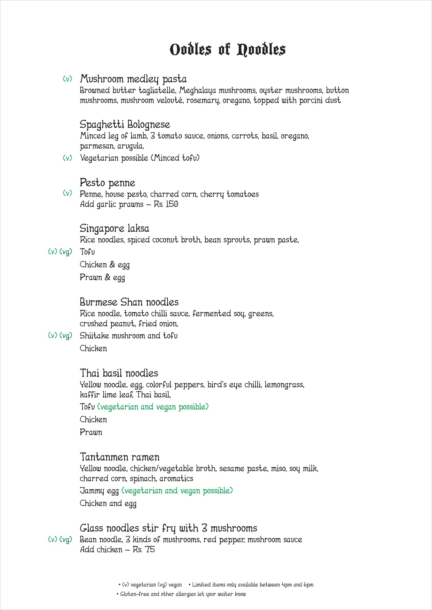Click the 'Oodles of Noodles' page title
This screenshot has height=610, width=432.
pos(227,49)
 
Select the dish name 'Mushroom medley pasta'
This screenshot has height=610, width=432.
pos(133,79)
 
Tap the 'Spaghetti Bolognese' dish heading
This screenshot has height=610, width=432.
pos(125,125)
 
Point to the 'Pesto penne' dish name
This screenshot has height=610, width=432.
pos(107,183)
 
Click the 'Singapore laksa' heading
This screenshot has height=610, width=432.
pos(115,228)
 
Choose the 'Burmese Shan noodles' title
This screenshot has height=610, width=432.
pos(129,302)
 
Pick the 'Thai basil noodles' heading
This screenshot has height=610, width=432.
pos(119,373)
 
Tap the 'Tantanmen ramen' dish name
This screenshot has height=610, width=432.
pos(120,457)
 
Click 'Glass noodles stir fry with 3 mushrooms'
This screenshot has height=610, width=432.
pos(168,528)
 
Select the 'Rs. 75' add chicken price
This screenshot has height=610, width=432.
pos(144,549)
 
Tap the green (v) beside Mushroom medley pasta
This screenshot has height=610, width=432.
pos(67,79)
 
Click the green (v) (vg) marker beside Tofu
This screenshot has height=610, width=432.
pos(60,252)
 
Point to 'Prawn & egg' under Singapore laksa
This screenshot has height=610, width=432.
pos(102,278)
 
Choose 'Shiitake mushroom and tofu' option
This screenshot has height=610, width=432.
pos(128,336)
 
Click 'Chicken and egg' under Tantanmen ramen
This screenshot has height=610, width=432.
pos(108,503)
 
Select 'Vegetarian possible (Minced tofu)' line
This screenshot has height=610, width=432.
pos(140,158)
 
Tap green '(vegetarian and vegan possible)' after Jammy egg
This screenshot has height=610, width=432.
pos(177,491)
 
